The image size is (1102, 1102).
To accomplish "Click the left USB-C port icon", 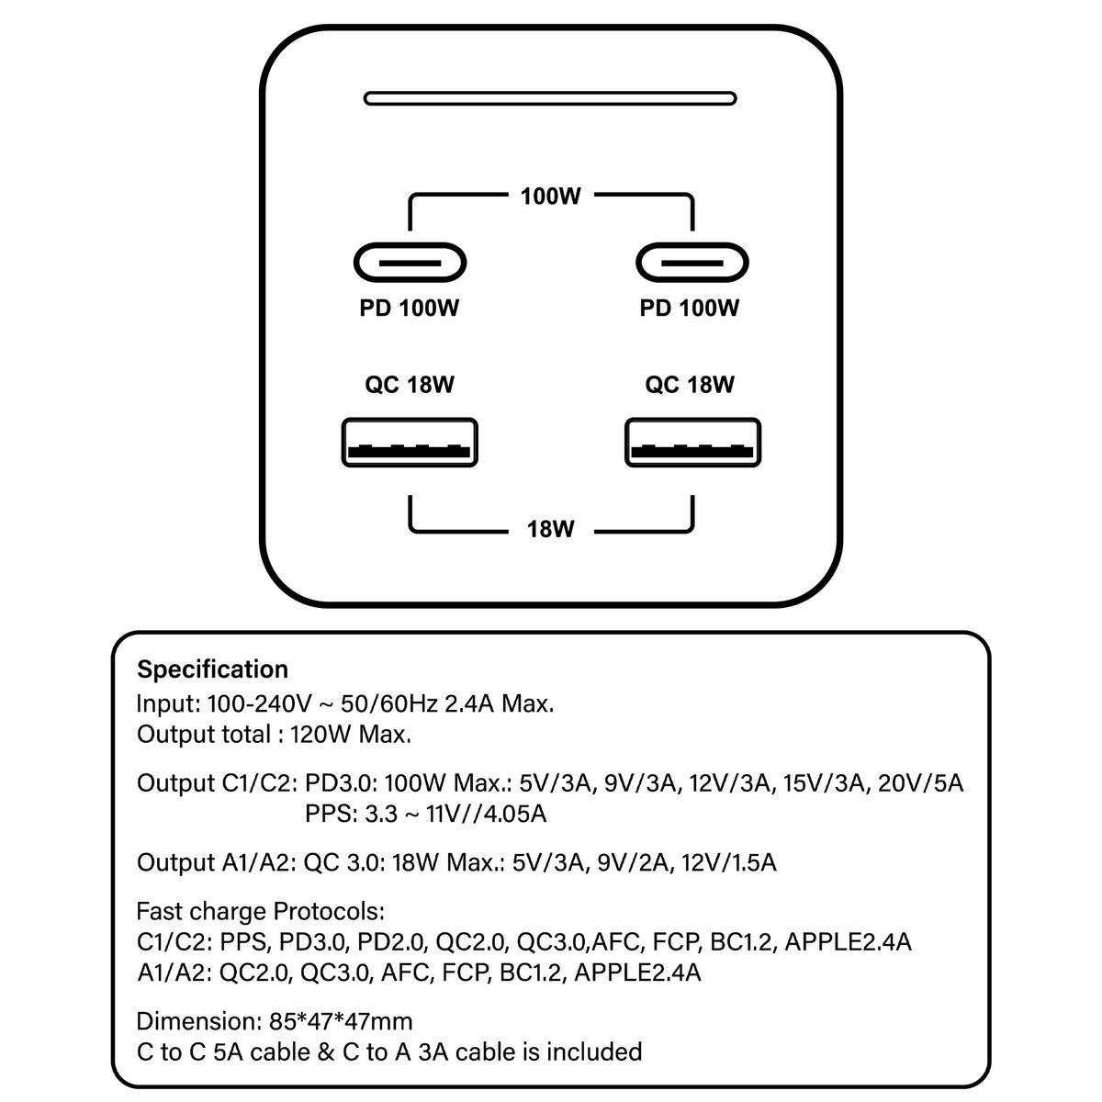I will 410,264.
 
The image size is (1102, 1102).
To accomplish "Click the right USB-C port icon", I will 692,264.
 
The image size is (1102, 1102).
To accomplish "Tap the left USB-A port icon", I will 410,443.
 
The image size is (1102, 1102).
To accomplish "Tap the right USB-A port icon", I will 692,443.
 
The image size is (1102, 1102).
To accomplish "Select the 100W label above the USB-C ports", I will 550,196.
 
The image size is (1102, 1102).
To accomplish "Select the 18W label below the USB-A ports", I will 550,529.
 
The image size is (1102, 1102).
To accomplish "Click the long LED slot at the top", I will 550,97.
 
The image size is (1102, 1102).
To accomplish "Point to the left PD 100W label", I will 409,309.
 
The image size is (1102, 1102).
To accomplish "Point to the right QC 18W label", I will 690,385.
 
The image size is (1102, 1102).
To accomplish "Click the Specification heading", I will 212,669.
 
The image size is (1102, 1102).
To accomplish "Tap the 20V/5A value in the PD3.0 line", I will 920,783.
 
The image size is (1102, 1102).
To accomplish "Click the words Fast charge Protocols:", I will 260,911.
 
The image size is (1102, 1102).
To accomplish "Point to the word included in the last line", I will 593,1051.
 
